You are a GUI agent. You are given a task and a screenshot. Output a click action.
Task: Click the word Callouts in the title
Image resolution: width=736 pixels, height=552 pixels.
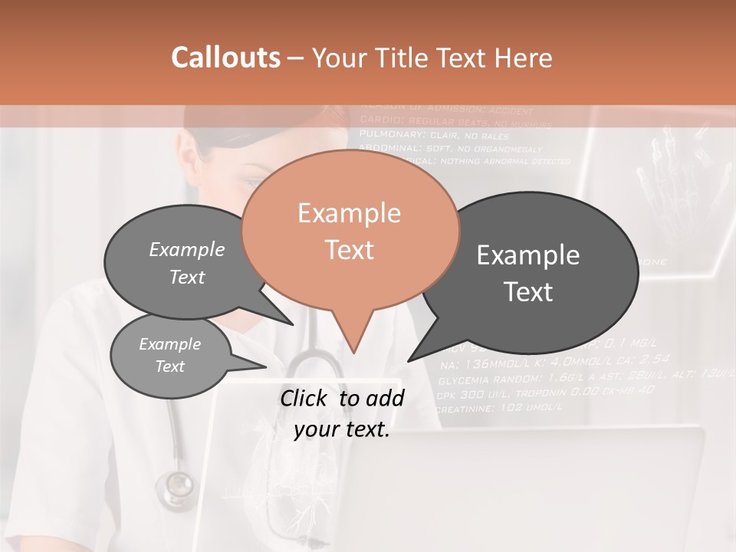pos(225,58)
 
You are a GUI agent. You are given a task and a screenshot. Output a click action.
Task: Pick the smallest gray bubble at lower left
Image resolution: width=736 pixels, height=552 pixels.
pos(170,355)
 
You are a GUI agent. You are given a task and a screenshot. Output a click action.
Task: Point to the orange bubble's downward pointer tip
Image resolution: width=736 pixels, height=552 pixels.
pos(353,352)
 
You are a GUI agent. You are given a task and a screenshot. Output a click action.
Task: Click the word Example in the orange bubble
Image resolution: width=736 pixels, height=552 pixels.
pos(349,213)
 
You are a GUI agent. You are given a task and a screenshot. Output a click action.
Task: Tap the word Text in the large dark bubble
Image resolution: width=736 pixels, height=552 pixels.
pos(528,292)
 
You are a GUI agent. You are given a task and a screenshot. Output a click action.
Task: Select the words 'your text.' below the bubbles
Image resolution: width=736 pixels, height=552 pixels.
pos(342,430)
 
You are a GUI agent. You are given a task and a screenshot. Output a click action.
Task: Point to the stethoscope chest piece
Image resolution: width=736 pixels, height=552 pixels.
pos(176,488)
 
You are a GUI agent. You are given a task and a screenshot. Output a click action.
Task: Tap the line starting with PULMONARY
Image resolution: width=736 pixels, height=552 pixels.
pos(433,135)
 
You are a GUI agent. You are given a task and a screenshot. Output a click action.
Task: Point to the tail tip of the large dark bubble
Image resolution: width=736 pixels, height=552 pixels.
pos(409,360)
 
